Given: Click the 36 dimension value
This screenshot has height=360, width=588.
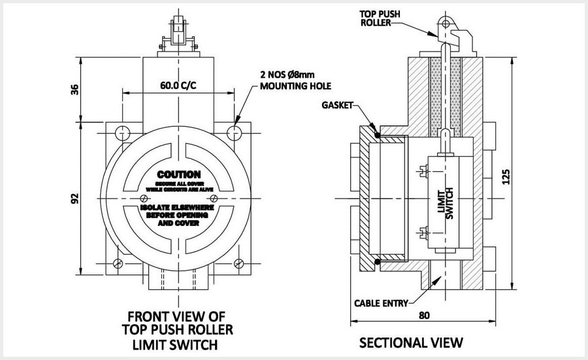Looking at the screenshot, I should [73, 90].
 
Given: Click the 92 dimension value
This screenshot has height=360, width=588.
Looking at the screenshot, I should [73, 197].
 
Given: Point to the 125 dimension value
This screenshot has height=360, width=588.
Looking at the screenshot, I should [519, 175].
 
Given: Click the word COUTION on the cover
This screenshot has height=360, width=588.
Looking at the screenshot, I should [178, 176].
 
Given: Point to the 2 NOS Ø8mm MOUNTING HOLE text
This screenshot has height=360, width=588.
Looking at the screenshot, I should [296, 80].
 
